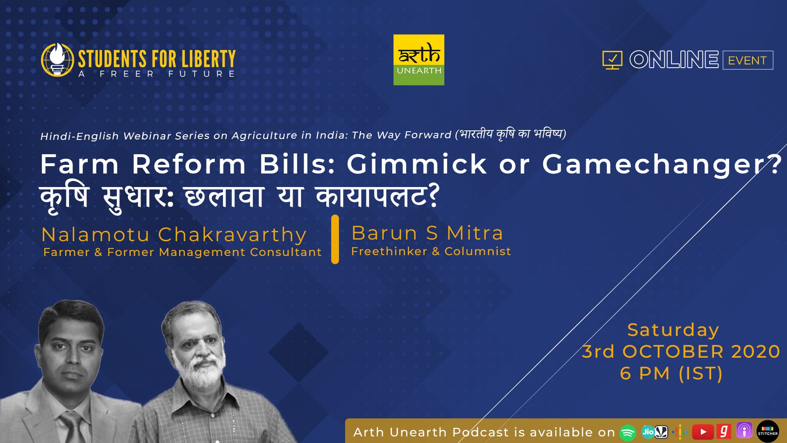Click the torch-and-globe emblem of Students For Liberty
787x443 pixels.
point(57,60)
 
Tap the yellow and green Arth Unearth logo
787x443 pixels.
point(419,60)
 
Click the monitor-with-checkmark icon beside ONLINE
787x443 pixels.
point(612,60)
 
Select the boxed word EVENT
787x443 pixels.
point(748,60)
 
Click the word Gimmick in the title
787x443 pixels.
point(417,164)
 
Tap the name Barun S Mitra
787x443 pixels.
point(427,233)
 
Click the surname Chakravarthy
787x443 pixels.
point(232,235)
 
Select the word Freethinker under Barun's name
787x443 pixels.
point(389,251)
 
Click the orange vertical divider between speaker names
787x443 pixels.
point(335,239)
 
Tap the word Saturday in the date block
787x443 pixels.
point(673,330)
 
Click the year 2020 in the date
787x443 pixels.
point(755,352)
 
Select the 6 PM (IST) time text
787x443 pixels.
point(671,373)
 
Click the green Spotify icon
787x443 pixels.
point(628,432)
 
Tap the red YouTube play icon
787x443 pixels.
point(703,432)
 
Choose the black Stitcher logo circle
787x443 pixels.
point(768,432)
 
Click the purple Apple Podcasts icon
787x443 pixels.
point(744,431)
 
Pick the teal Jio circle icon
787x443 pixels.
point(648,432)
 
